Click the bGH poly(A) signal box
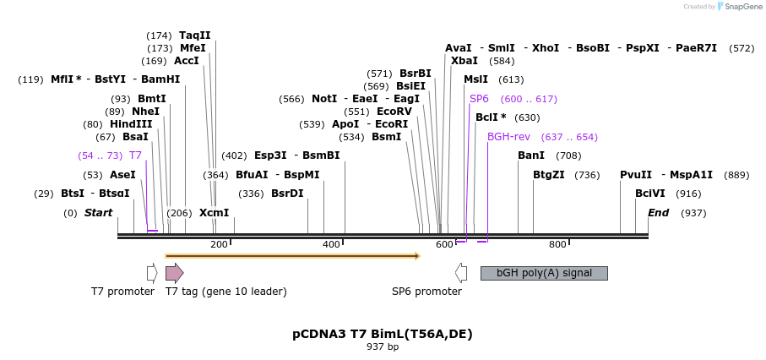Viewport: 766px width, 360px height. [x=543, y=273]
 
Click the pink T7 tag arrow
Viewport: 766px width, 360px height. [x=174, y=273]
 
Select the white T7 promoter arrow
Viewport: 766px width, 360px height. [x=152, y=273]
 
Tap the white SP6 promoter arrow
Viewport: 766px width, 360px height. [x=461, y=273]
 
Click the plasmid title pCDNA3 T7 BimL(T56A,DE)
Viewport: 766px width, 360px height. [x=383, y=334]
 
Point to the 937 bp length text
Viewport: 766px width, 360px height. [x=383, y=347]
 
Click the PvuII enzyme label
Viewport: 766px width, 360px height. [x=636, y=175]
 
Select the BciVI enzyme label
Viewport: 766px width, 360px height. [x=650, y=194]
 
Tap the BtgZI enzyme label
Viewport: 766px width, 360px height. [x=549, y=175]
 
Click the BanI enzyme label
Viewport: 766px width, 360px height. [x=531, y=155]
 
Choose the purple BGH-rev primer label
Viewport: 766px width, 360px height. [x=508, y=136]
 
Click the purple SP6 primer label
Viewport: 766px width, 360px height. [x=479, y=99]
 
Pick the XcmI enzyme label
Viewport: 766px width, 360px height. [x=214, y=213]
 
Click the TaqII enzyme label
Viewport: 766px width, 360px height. [x=195, y=35]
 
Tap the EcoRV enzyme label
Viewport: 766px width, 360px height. [x=394, y=111]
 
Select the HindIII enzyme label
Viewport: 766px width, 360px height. [x=130, y=123]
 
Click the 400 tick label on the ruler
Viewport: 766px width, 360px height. [x=332, y=245]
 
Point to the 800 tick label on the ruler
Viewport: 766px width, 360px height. [x=557, y=245]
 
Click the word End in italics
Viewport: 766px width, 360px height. [x=658, y=213]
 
